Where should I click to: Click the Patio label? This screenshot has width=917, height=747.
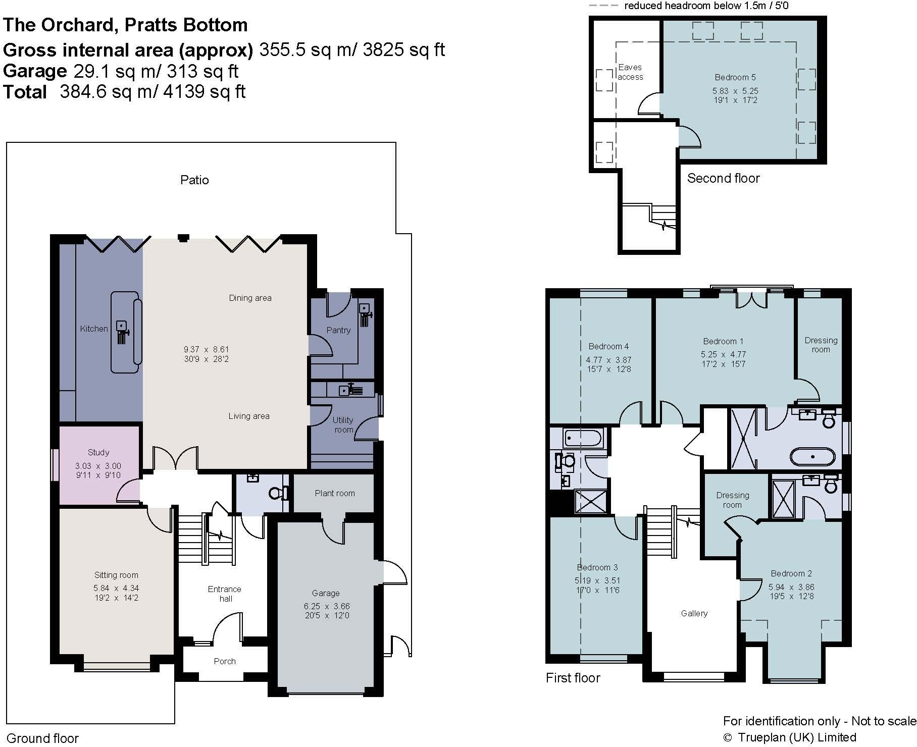point(194,180)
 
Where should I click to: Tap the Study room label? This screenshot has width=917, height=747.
point(98,452)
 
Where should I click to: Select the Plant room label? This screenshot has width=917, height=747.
point(334,493)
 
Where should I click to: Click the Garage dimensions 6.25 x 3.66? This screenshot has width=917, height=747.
point(325,606)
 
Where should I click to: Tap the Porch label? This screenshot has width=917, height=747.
point(225,661)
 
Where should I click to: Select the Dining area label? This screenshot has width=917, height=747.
point(250,298)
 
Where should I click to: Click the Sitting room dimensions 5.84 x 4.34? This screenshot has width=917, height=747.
point(116,588)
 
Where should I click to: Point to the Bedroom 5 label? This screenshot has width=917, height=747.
point(735,77)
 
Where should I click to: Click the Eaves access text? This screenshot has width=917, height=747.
point(630,72)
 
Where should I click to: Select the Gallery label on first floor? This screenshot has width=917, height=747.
point(694,613)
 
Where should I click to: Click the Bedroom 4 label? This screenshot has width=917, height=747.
point(608,346)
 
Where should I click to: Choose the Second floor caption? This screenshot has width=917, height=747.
point(723,178)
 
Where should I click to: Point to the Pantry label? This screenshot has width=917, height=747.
point(338,330)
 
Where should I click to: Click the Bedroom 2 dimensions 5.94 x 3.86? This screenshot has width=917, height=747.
point(791,587)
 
